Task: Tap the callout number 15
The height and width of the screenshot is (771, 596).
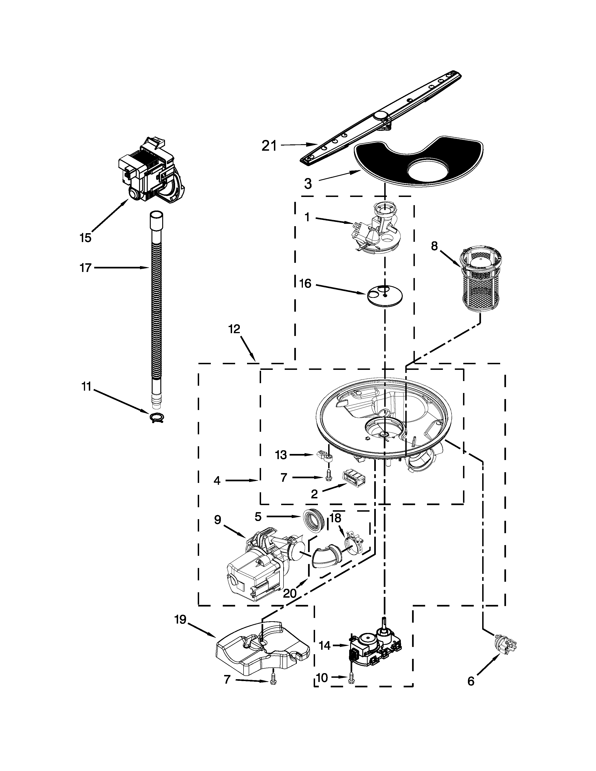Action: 86,238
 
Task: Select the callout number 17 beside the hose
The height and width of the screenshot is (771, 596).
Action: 86,268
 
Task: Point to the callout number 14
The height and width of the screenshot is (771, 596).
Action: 324,645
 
